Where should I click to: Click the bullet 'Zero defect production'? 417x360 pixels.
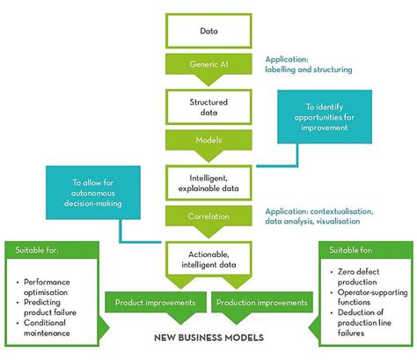[x=360, y=287]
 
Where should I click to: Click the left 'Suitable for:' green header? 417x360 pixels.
[x=40, y=250]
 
